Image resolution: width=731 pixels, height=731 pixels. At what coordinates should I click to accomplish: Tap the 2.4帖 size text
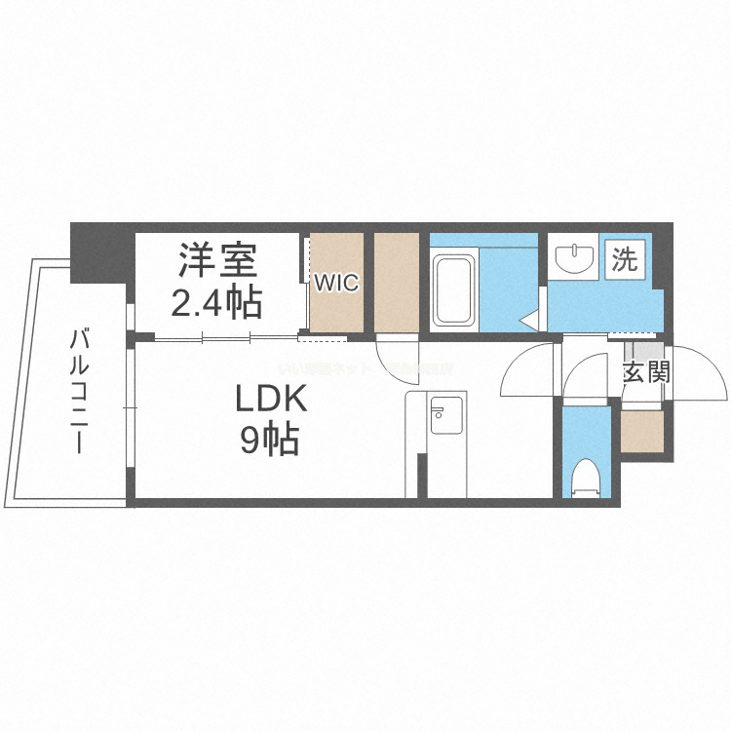tap(216, 303)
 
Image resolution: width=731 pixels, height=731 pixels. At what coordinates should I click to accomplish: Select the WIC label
tap(335, 284)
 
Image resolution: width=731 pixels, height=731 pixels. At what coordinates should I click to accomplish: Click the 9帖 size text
tap(269, 442)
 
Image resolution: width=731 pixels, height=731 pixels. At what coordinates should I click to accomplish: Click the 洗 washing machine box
tap(625, 259)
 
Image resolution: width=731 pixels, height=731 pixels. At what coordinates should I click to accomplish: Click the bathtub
tap(454, 289)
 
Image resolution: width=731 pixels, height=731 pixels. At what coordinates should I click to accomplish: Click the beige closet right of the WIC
tap(397, 283)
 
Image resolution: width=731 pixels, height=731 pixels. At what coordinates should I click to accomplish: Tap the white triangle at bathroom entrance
tap(529, 318)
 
